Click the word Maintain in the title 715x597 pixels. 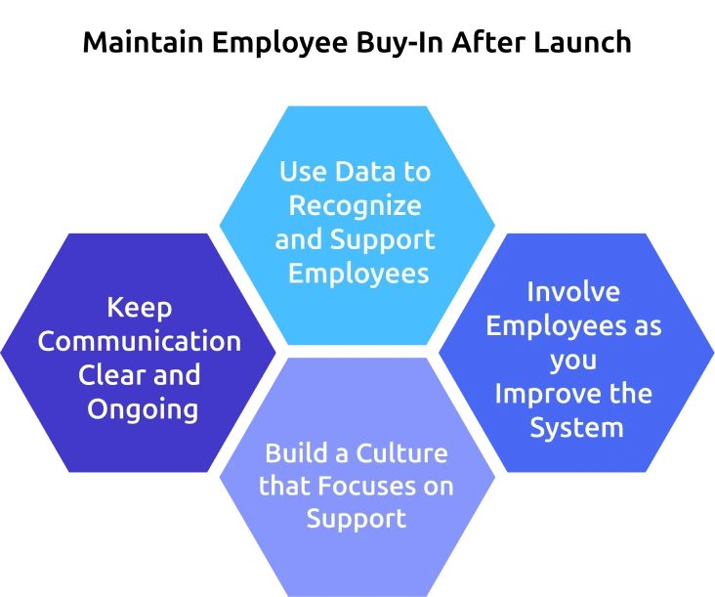144,42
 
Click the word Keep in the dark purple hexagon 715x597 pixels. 140,309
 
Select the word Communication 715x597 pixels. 140,341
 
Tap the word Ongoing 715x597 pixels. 143,410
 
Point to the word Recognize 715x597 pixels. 356,207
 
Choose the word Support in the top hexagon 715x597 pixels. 383,240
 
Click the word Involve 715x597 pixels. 573,291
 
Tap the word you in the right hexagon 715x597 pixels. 573,362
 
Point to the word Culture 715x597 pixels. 401,453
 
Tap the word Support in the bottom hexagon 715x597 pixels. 357,520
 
